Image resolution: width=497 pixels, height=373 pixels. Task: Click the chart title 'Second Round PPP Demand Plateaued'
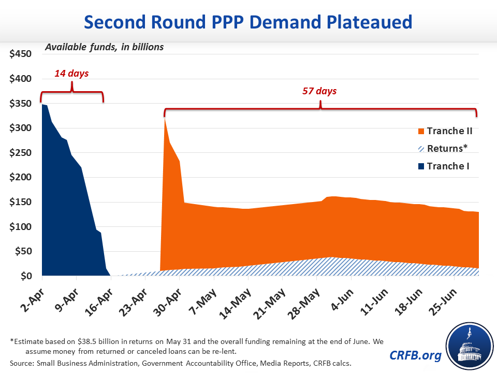248,22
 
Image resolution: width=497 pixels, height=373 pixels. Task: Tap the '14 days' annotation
71,74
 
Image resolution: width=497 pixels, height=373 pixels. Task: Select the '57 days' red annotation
319,91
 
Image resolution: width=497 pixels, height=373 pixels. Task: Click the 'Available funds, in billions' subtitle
104,47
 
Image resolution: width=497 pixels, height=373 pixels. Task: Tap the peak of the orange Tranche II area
165,118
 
